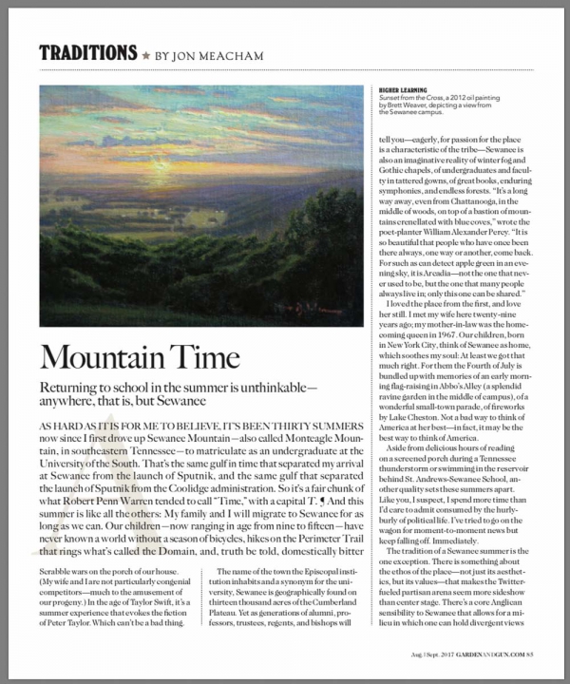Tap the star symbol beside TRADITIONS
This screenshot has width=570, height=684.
(x=145, y=54)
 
